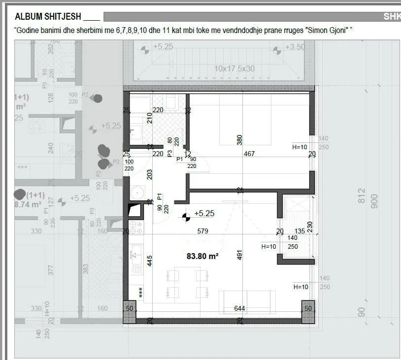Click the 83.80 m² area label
(202, 256)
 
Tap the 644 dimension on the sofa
(240, 309)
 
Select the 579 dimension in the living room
(202, 231)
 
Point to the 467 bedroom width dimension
(249, 154)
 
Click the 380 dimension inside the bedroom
(240, 140)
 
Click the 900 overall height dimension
(374, 200)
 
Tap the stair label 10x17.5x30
(234, 69)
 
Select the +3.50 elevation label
(295, 47)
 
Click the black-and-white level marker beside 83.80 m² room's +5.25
(186, 215)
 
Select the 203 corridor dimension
(150, 174)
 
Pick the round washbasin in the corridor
(136, 192)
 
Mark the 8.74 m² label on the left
(27, 205)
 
